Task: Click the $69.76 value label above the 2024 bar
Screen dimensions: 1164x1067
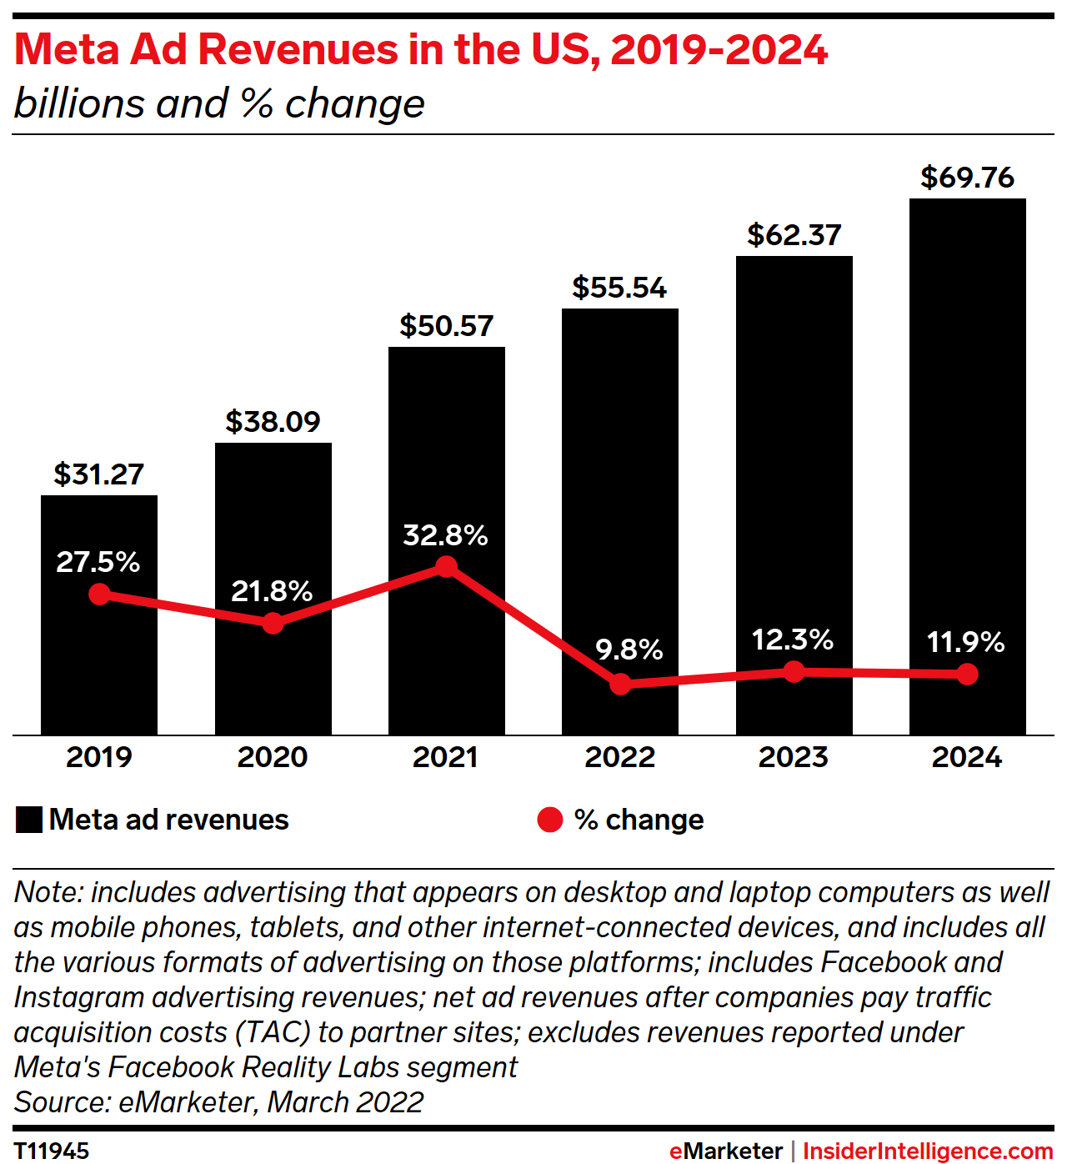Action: click(967, 178)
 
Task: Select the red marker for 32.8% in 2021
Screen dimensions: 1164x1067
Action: click(446, 567)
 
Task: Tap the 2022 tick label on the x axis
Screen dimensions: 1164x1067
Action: click(619, 757)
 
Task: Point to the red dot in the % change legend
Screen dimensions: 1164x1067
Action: click(550, 820)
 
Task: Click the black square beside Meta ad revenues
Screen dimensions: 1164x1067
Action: click(29, 820)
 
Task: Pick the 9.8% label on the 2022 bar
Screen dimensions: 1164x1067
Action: click(629, 650)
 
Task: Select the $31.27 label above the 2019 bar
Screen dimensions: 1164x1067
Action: click(98, 474)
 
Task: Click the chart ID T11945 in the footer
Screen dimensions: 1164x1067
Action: click(52, 1151)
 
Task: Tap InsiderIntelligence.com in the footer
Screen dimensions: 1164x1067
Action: click(928, 1151)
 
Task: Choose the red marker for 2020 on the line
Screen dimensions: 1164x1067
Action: click(273, 623)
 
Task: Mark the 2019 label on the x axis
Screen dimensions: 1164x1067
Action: click(98, 757)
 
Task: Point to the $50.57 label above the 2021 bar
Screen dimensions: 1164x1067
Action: click(446, 326)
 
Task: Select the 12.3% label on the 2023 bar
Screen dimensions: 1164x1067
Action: click(792, 640)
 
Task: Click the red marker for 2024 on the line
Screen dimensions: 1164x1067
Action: click(967, 674)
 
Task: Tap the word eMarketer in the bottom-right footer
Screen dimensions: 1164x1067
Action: click(725, 1151)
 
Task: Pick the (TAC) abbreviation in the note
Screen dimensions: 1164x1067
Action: click(273, 1032)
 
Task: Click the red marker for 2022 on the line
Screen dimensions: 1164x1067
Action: click(620, 684)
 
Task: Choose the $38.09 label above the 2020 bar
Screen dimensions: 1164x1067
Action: click(273, 422)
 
